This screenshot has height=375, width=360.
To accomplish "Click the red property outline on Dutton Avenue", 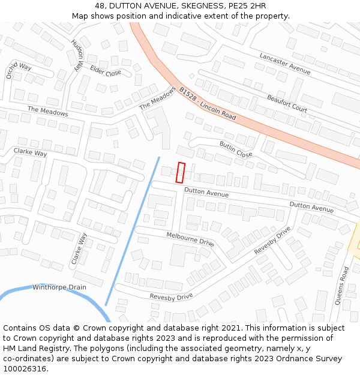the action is click(180, 172).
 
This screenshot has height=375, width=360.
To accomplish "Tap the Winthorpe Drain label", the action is click(59, 287).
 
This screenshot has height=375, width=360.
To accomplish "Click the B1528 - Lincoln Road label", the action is click(208, 103).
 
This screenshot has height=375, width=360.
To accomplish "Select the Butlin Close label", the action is click(236, 149).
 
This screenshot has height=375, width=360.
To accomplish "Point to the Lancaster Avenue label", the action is click(284, 64).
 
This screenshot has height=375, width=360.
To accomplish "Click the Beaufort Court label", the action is click(287, 103).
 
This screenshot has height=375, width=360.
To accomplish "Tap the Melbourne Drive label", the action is click(190, 239).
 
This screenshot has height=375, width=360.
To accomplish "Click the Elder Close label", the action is click(106, 72).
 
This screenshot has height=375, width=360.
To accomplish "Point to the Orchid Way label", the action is click(19, 70).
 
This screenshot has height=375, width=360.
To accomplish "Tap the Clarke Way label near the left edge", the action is click(30, 153).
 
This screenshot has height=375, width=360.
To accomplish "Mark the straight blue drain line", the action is click(132, 231).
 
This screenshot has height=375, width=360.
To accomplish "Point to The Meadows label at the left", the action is click(47, 111).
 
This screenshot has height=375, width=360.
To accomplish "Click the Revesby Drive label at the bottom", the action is click(171, 296).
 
